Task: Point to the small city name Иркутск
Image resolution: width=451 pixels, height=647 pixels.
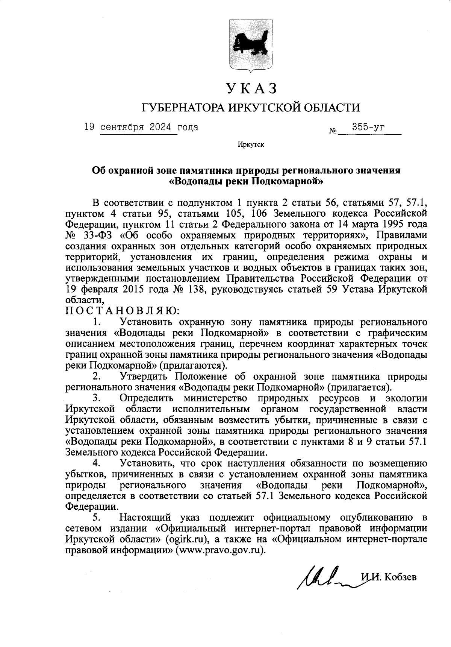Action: coord(251,144)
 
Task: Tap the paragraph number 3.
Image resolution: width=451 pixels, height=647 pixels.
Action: coord(95,398)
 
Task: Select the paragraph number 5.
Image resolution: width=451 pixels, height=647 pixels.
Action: coord(95,517)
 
